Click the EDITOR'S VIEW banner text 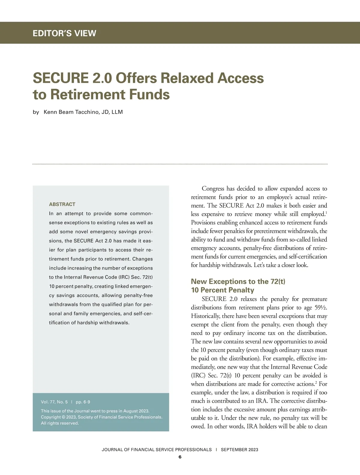point(64,33)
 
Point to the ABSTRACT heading point(62,204)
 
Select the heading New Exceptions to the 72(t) point(238,281)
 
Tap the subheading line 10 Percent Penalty point(222,290)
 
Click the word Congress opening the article point(213,189)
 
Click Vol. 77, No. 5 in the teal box point(54,402)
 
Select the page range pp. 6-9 point(83,402)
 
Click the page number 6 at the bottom point(180,457)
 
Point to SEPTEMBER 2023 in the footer point(239,449)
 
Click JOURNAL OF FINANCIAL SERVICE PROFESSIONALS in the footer point(157,449)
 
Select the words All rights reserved point(60,423)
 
